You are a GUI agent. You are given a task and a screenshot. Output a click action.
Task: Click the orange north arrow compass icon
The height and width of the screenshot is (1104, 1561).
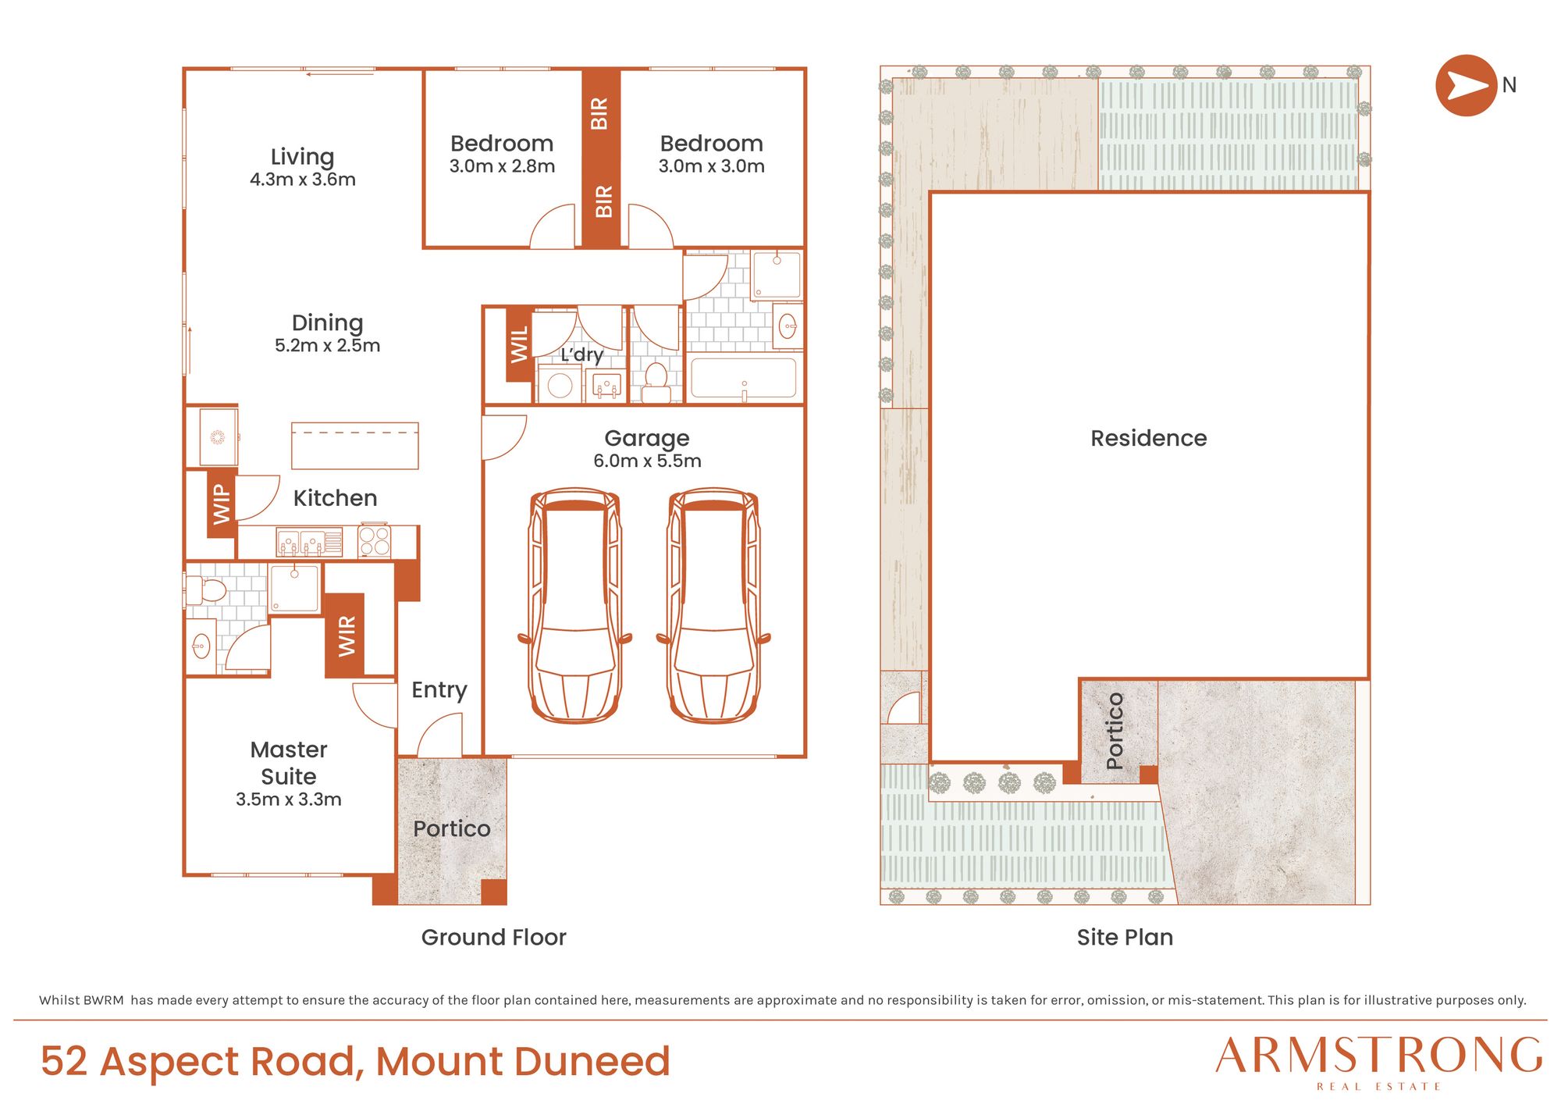point(1466,86)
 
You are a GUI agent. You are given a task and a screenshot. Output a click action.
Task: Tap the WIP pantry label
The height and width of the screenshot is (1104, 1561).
point(222,504)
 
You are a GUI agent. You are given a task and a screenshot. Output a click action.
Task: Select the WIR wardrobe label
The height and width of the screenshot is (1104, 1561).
point(345,636)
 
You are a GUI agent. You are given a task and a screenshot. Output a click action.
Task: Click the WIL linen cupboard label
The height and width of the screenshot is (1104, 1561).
point(519,344)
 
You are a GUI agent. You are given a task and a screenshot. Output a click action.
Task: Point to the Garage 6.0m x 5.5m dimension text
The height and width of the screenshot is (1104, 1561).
point(647,461)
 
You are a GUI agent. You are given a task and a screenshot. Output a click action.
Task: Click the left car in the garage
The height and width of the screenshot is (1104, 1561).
point(575,606)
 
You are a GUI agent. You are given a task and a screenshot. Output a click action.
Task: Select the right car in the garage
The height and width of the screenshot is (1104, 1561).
point(713,606)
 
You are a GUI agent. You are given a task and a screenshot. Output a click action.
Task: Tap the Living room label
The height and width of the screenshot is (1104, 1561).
point(303,157)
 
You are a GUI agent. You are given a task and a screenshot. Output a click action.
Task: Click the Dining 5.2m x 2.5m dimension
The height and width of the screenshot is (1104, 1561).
point(328,345)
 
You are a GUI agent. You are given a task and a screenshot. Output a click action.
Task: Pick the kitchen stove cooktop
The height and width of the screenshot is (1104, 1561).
point(375,541)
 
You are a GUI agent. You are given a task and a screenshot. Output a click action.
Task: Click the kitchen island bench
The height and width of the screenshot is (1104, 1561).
point(355,446)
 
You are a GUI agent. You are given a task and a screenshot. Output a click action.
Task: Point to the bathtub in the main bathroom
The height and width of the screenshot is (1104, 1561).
point(744,379)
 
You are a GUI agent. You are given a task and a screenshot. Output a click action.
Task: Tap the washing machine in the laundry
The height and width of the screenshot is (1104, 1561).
point(560,384)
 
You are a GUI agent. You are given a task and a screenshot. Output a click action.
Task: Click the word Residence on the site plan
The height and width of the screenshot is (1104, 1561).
point(1149,438)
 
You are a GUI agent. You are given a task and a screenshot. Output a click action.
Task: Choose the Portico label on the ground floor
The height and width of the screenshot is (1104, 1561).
point(452,828)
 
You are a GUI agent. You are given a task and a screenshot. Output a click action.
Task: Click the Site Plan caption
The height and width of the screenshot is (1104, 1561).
point(1125,937)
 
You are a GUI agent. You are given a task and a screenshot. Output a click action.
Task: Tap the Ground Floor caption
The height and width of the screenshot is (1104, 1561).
point(494,937)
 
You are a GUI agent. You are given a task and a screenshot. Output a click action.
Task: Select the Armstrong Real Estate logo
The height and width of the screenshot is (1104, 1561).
point(1378,1063)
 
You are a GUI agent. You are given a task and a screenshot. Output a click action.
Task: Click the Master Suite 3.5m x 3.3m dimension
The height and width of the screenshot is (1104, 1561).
point(289,800)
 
